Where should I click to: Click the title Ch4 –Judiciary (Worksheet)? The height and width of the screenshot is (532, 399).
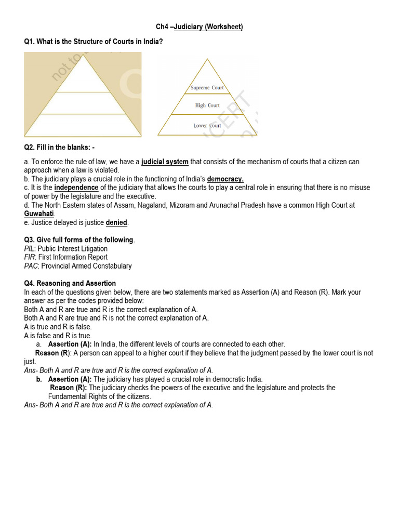[199, 26]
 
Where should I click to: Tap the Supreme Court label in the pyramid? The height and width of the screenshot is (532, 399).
[207, 88]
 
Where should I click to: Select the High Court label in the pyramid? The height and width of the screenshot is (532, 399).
[207, 105]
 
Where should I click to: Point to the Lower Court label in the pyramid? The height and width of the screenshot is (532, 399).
[207, 126]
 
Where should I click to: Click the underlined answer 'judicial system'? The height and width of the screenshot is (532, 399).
[165, 162]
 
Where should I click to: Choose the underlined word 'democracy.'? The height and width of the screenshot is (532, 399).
[225, 179]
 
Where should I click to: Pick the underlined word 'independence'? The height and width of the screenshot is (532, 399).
[76, 188]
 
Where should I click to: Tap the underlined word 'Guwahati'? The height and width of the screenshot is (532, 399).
[39, 214]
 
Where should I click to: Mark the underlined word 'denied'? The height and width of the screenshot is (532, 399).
[116, 223]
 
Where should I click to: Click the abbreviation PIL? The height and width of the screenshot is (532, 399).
[30, 249]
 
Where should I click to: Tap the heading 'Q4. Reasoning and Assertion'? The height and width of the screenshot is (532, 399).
[70, 284]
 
